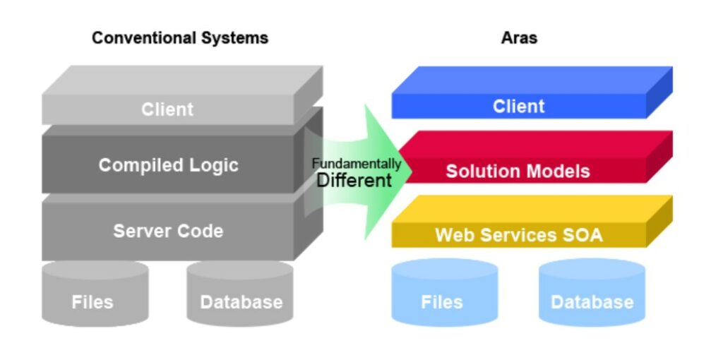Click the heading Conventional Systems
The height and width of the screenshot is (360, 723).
pyautogui.click(x=180, y=37)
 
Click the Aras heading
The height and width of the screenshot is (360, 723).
pyautogui.click(x=519, y=37)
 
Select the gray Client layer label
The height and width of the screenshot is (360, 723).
pyautogui.click(x=167, y=109)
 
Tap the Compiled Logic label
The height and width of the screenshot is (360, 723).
pyautogui.click(x=168, y=165)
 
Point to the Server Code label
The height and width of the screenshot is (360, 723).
pyautogui.click(x=168, y=231)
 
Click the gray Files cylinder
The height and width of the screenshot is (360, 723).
pyautogui.click(x=92, y=296)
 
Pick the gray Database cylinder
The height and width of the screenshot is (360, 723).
pyautogui.click(x=241, y=296)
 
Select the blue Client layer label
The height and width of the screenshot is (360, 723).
pyautogui.click(x=519, y=107)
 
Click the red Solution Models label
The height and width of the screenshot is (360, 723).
pyautogui.click(x=518, y=171)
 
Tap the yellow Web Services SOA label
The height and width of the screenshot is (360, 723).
pyautogui.click(x=519, y=235)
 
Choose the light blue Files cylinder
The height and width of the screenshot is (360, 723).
pyautogui.click(x=442, y=296)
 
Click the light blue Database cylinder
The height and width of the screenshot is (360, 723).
pyautogui.click(x=592, y=296)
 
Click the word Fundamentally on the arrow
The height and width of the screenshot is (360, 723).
pyautogui.click(x=357, y=164)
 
